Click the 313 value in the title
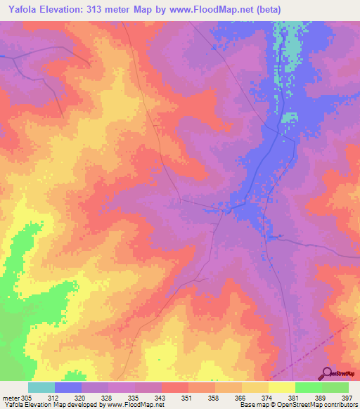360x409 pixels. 111,10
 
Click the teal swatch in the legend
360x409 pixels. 41,387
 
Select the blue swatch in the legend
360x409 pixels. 68,387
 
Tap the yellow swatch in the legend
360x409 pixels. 282,387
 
